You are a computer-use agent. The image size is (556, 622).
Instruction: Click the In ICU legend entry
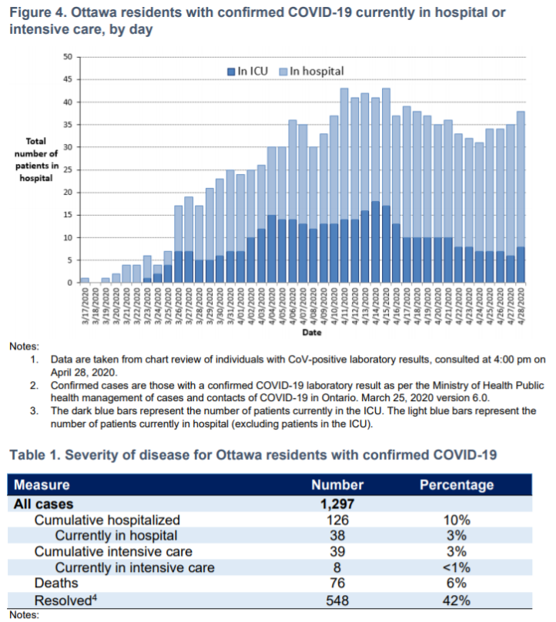click(x=247, y=72)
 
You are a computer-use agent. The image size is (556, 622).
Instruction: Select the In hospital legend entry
click(x=312, y=72)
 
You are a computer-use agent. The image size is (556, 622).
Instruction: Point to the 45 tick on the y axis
click(x=68, y=79)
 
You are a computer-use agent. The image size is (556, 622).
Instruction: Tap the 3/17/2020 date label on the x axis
click(x=85, y=306)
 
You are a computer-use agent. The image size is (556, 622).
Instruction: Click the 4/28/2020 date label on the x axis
click(x=521, y=306)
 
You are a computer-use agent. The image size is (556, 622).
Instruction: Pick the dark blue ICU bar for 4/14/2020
click(x=376, y=242)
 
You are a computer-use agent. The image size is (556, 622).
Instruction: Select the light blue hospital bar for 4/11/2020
click(x=344, y=154)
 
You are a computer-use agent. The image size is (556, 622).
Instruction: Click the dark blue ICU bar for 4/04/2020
click(x=272, y=249)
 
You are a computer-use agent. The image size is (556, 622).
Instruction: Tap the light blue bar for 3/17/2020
click(x=85, y=280)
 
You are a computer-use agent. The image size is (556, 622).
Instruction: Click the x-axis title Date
click(x=312, y=333)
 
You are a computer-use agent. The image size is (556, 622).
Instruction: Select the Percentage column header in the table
click(x=457, y=485)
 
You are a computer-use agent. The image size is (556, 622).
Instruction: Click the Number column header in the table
click(x=337, y=485)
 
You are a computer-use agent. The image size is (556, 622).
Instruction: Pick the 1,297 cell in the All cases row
click(x=337, y=503)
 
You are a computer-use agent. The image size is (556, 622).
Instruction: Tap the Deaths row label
click(x=56, y=584)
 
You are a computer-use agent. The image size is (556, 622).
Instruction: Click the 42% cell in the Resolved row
click(x=457, y=600)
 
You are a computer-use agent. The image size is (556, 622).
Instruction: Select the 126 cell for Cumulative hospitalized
click(x=337, y=520)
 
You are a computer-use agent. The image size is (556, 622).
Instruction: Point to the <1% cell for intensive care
click(x=457, y=567)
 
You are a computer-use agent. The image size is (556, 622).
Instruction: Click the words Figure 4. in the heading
click(x=37, y=12)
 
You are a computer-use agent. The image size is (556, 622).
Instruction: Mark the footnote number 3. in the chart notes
click(x=35, y=411)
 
